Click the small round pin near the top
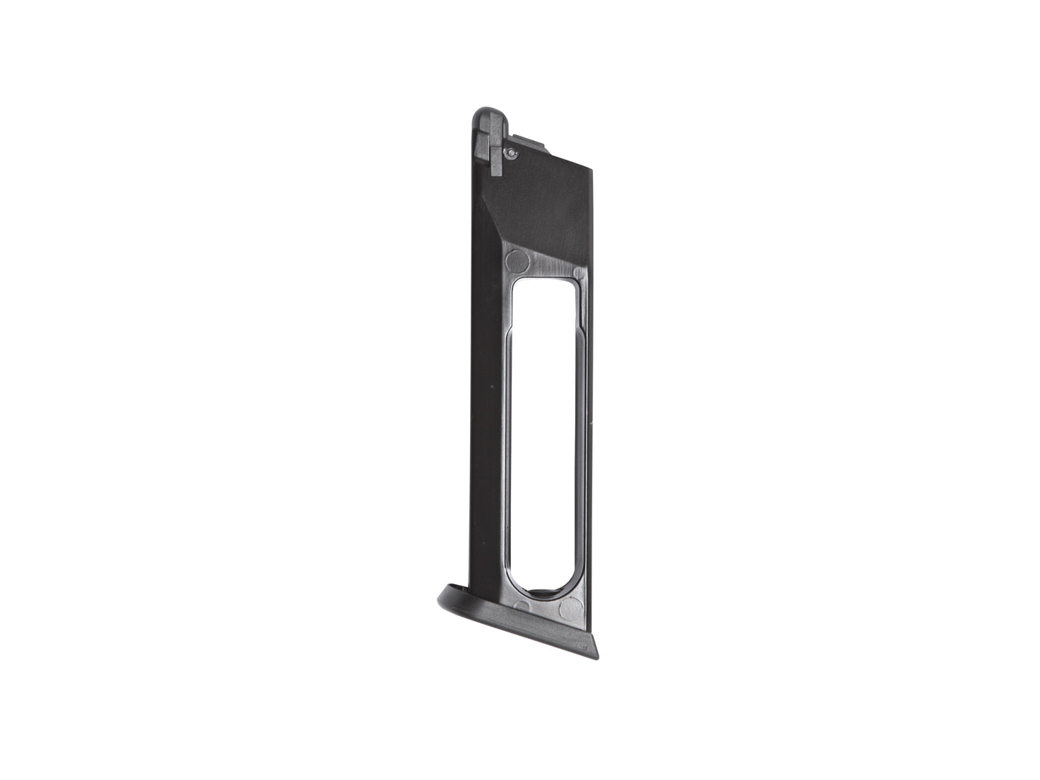[x=510, y=152]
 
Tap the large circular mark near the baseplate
[x=571, y=611]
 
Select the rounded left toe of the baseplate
[x=443, y=595]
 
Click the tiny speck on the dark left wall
[x=492, y=386]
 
